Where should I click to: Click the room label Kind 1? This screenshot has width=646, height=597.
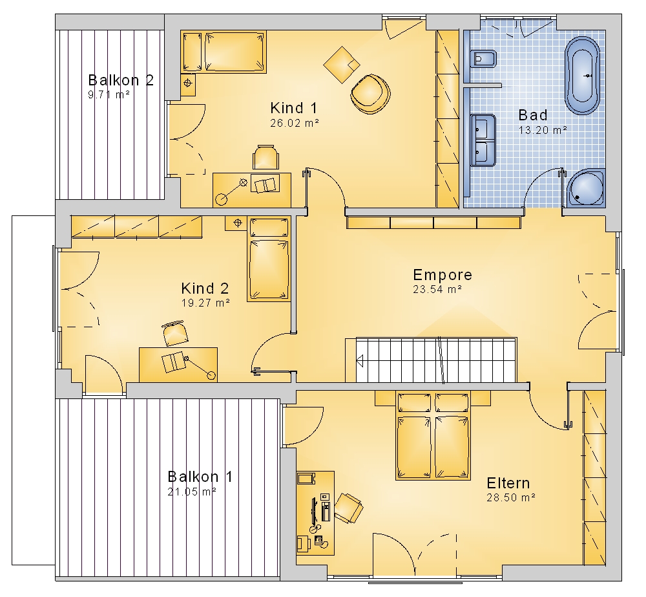[x=294, y=108]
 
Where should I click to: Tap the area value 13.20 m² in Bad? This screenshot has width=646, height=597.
[x=543, y=130]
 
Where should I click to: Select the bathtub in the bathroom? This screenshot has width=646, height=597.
[x=582, y=76]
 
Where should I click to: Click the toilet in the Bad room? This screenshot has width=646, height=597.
[x=483, y=60]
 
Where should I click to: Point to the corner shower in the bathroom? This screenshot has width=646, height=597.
[x=586, y=188]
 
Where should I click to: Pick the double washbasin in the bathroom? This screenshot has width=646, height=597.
[x=483, y=140]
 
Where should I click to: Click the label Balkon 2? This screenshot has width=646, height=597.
[x=121, y=80]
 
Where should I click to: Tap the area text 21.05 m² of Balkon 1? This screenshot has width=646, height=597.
[x=192, y=492]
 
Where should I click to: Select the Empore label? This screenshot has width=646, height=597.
[x=443, y=275]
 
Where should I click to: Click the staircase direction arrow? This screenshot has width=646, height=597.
[x=360, y=361]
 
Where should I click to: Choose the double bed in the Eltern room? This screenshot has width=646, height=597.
[x=433, y=436]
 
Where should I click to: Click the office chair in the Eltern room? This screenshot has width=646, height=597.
[x=348, y=508]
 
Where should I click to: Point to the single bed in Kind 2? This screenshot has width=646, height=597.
[x=269, y=259]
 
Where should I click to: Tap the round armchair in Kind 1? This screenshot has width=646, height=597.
[x=370, y=94]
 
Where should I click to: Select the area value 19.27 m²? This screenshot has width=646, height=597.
[x=205, y=303]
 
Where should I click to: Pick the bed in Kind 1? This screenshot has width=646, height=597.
[x=224, y=52]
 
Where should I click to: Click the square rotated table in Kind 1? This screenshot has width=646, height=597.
[x=342, y=65]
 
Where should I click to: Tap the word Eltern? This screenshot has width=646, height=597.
[x=508, y=483]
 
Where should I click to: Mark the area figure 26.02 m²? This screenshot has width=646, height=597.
[x=295, y=123]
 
